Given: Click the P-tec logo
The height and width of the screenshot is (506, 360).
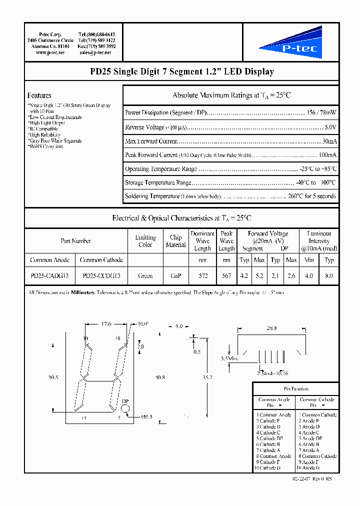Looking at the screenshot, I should pyautogui.click(x=290, y=43).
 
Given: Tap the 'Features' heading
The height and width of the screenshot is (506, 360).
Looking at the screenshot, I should pyautogui.click(x=39, y=95).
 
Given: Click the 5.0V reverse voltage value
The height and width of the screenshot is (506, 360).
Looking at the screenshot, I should pyautogui.click(x=330, y=127).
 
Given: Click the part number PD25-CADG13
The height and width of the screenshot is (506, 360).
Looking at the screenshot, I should pyautogui.click(x=49, y=275).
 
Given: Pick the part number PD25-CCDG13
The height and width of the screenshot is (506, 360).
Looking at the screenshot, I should pyautogui.click(x=101, y=275).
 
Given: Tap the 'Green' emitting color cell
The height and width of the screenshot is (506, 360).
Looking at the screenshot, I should pyautogui.click(x=145, y=275).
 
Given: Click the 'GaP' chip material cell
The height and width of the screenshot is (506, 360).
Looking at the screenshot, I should pyautogui.click(x=175, y=275).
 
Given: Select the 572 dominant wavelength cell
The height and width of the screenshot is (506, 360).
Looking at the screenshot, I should pyautogui.click(x=202, y=275).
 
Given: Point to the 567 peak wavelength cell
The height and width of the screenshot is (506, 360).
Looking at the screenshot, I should pyautogui.click(x=226, y=275).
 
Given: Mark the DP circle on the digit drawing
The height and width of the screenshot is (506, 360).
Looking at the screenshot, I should pyautogui.click(x=125, y=408).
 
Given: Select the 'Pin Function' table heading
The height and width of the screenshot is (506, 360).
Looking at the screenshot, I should pyautogui.click(x=296, y=388).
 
